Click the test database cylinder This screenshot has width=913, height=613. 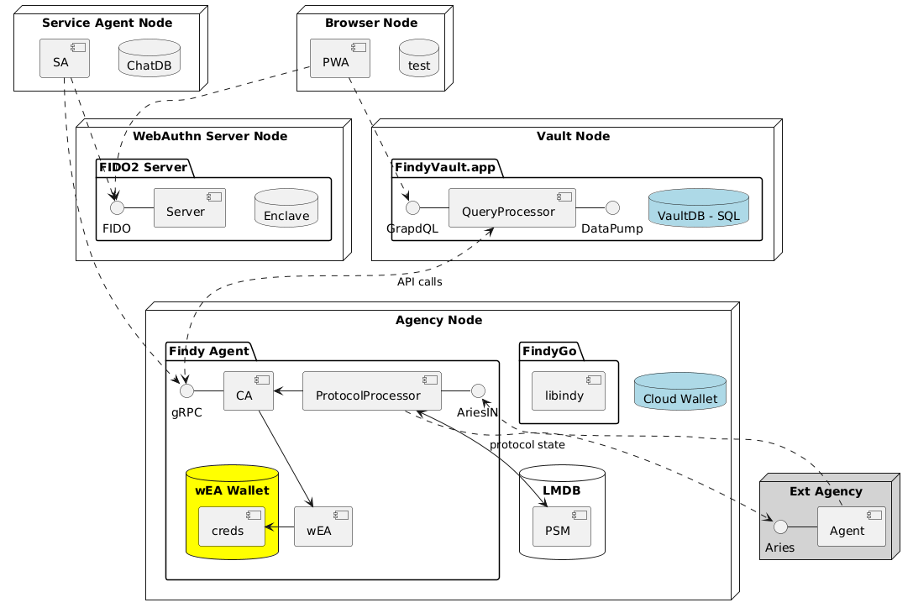pyautogui.click(x=418, y=58)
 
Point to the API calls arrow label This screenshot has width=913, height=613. pyautogui.click(x=420, y=282)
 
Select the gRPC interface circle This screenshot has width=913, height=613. pyautogui.click(x=186, y=390)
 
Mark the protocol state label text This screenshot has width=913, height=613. pyautogui.click(x=527, y=444)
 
